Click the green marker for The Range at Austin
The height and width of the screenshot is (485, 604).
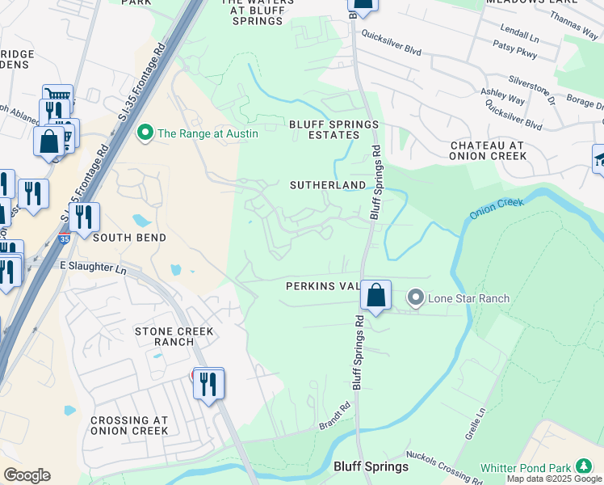click(146, 133)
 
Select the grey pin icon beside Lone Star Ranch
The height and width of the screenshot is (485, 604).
click(416, 298)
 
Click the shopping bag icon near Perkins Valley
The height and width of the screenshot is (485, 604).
click(376, 295)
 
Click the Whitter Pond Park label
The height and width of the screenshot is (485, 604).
click(526, 468)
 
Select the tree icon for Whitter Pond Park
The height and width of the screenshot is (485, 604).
click(583, 467)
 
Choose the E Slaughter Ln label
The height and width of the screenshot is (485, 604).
click(94, 265)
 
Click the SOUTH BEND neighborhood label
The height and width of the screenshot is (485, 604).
click(129, 238)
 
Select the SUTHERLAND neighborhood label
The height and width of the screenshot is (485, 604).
click(328, 185)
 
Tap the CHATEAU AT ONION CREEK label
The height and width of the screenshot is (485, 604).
click(488, 150)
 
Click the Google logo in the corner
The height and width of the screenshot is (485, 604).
click(27, 475)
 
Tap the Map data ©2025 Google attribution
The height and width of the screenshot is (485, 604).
click(555, 479)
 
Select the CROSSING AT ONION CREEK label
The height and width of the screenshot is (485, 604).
click(129, 425)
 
